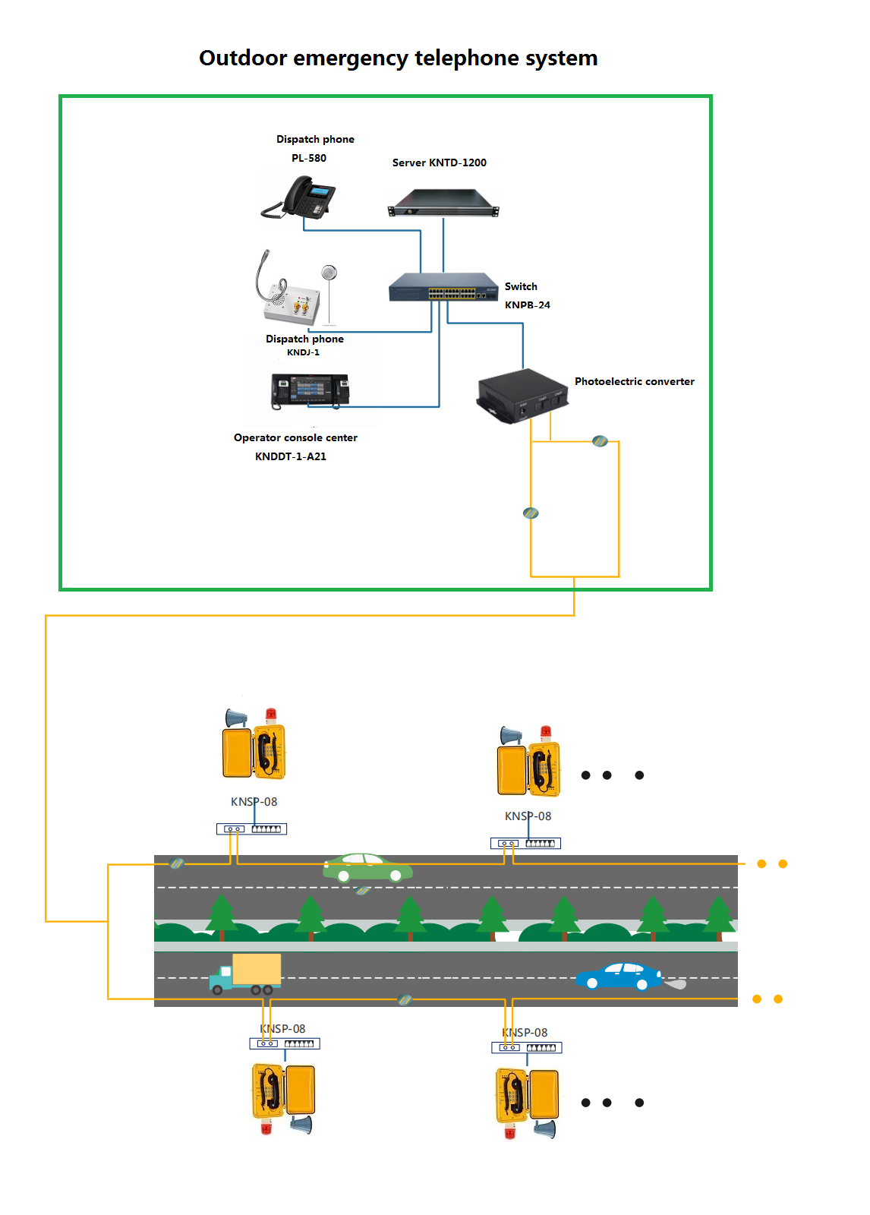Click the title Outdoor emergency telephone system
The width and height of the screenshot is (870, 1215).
click(x=398, y=58)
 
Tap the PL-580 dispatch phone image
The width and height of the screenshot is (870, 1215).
click(x=300, y=197)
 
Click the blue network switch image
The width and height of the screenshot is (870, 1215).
click(x=443, y=287)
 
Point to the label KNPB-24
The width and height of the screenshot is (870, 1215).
click(x=527, y=305)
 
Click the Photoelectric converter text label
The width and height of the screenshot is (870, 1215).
click(x=634, y=381)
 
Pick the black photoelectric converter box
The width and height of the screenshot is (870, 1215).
click(x=522, y=396)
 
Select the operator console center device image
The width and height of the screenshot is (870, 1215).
click(x=310, y=390)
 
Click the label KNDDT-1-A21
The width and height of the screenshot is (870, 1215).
click(x=291, y=456)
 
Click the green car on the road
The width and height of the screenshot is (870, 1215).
click(x=367, y=868)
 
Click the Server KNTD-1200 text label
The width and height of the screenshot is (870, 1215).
click(x=439, y=163)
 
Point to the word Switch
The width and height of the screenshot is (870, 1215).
click(x=521, y=286)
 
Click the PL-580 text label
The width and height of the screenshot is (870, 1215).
click(x=309, y=158)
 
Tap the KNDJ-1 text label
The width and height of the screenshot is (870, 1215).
click(x=303, y=352)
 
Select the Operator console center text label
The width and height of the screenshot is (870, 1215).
click(x=295, y=437)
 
